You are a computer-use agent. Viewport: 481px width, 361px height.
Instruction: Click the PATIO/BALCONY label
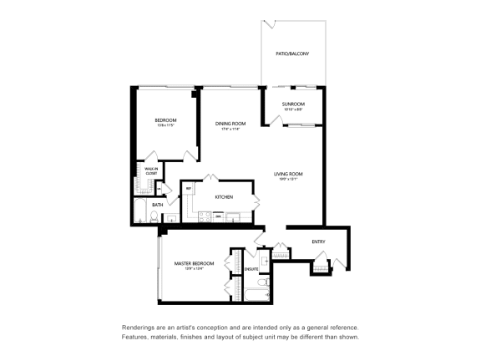(x=292, y=53)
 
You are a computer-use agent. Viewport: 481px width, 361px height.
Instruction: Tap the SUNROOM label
(x=292, y=104)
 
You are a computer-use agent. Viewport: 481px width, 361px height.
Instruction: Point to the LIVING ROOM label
(x=289, y=174)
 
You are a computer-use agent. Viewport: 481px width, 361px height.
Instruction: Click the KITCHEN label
(x=223, y=197)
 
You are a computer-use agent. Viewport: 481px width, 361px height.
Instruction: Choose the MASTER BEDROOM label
(x=194, y=263)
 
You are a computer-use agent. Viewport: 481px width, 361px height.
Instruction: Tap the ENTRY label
(x=318, y=242)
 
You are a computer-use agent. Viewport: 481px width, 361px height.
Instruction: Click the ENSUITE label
(x=251, y=269)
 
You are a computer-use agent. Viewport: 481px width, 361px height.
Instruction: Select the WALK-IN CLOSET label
(x=151, y=170)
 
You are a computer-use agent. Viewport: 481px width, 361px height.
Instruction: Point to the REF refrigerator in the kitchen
(x=189, y=189)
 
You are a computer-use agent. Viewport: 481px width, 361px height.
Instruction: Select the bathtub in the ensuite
(x=251, y=292)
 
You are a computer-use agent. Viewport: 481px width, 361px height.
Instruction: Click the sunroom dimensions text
(x=292, y=109)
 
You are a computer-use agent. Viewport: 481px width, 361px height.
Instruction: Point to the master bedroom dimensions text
(x=194, y=269)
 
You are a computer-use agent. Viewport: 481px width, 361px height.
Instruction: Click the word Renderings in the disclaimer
(x=138, y=328)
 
